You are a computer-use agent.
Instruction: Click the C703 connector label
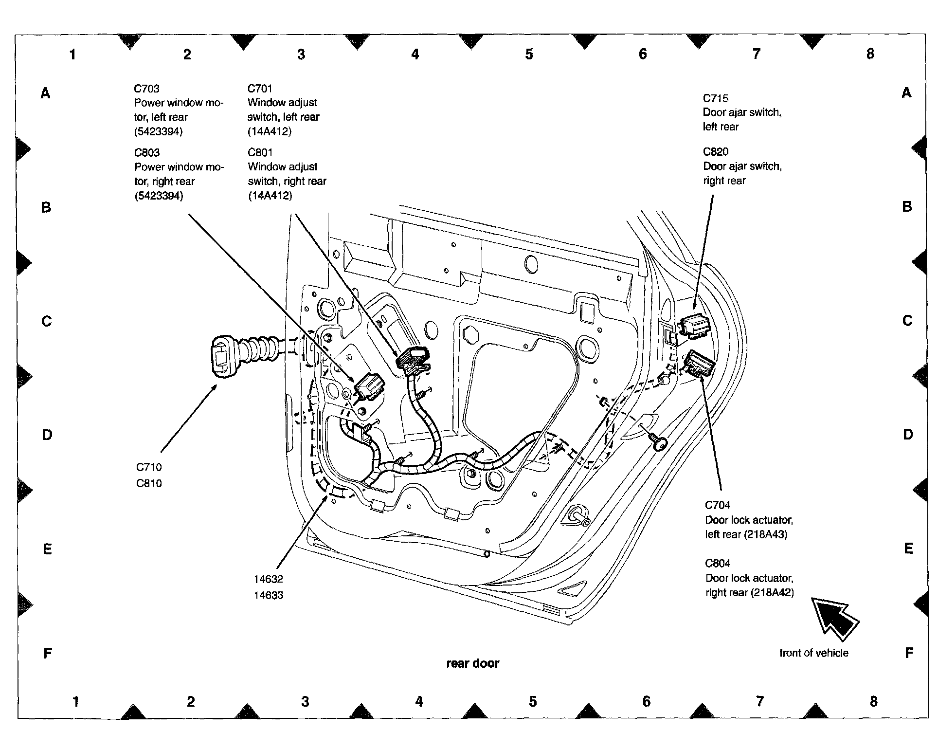tap(146, 89)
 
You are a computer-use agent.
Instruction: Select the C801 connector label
tap(260, 153)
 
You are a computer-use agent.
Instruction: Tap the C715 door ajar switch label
tap(716, 98)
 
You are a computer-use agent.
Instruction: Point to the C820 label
tap(716, 152)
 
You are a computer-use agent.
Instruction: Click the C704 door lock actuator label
tap(718, 505)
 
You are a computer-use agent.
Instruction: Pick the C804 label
tap(718, 564)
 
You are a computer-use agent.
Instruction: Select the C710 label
tap(149, 467)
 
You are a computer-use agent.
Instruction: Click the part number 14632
tap(268, 579)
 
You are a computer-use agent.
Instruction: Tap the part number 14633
tap(268, 595)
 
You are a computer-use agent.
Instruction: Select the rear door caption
tap(473, 663)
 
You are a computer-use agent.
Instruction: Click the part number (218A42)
tap(772, 593)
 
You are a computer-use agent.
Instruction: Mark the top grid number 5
tap(529, 54)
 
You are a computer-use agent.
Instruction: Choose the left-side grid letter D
tap(47, 435)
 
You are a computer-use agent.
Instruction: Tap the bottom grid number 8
tap(874, 701)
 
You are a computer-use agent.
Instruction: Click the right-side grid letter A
tap(906, 92)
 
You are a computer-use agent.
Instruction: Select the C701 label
tap(260, 89)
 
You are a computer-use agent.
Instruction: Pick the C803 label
tap(147, 153)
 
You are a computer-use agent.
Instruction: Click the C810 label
tap(149, 483)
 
